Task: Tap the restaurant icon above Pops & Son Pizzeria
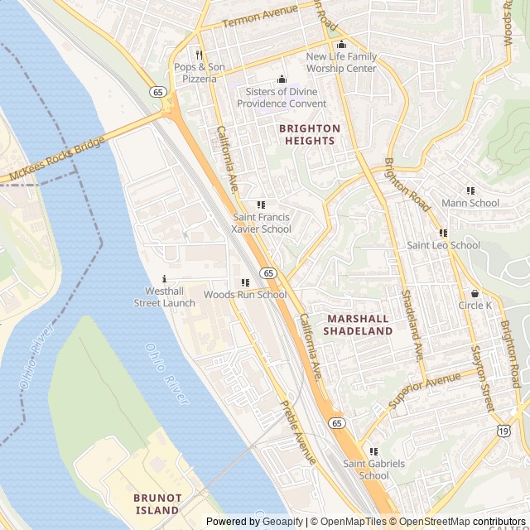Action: tap(200, 55)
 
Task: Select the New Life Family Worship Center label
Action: tap(341, 62)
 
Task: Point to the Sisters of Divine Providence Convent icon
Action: tap(282, 79)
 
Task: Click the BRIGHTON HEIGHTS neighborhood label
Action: tap(310, 134)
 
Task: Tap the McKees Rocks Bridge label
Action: tap(56, 160)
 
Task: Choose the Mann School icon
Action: tap(470, 191)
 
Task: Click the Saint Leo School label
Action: tap(443, 245)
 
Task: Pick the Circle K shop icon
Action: tap(475, 293)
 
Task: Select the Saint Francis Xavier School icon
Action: tap(262, 205)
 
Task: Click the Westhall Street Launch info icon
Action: tap(165, 279)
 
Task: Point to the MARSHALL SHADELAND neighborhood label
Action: tap(358, 325)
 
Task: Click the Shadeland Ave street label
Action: tap(412, 323)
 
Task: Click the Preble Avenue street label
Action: tap(299, 432)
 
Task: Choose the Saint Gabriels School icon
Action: tap(373, 451)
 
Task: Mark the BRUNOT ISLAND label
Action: tap(157, 503)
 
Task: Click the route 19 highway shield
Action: tap(503, 430)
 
